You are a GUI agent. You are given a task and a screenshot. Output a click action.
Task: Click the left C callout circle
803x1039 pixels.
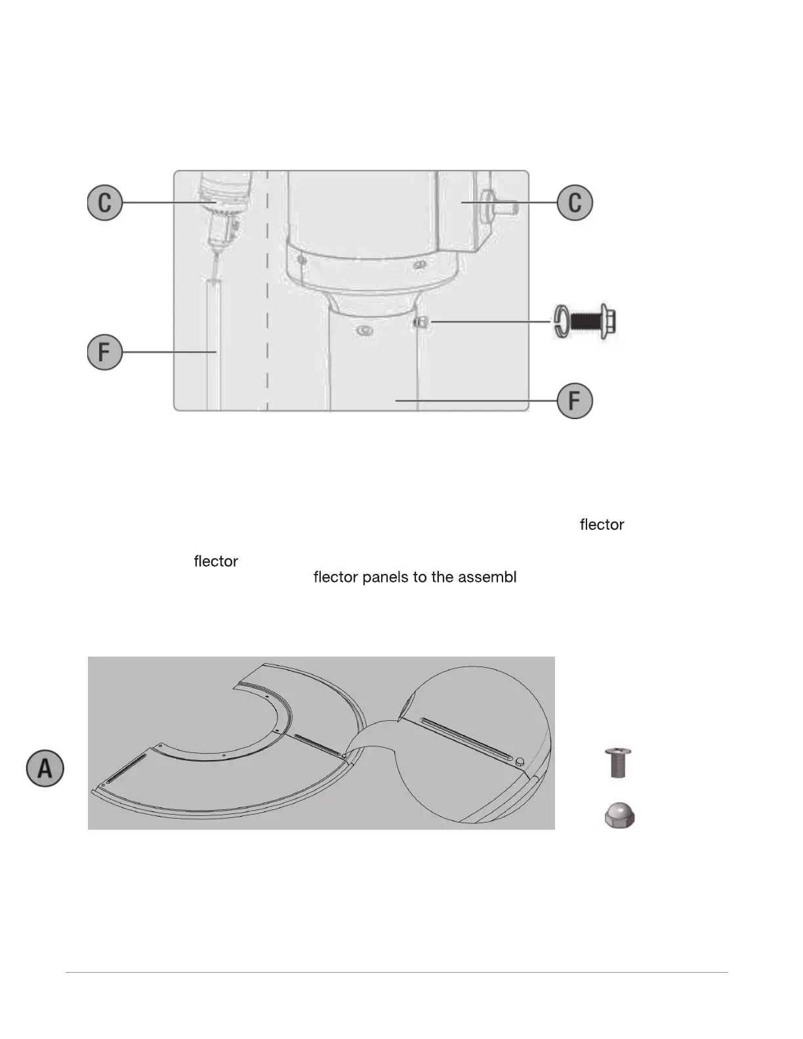click(x=104, y=203)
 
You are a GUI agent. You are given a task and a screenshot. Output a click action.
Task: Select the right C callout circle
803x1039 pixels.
click(x=575, y=203)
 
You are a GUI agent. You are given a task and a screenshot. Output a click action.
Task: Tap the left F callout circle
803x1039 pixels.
click(x=104, y=352)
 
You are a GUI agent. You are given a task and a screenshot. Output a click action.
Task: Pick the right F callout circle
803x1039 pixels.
click(x=575, y=401)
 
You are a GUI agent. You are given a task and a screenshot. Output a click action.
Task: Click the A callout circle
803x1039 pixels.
click(x=45, y=768)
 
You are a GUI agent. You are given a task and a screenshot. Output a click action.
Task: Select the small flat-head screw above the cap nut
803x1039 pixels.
click(x=616, y=762)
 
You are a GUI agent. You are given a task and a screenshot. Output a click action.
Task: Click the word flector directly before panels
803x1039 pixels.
click(x=335, y=577)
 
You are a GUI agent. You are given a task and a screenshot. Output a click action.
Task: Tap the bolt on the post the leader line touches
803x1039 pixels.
click(x=423, y=322)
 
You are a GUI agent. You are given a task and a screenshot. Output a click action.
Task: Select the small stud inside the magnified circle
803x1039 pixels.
click(x=520, y=762)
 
